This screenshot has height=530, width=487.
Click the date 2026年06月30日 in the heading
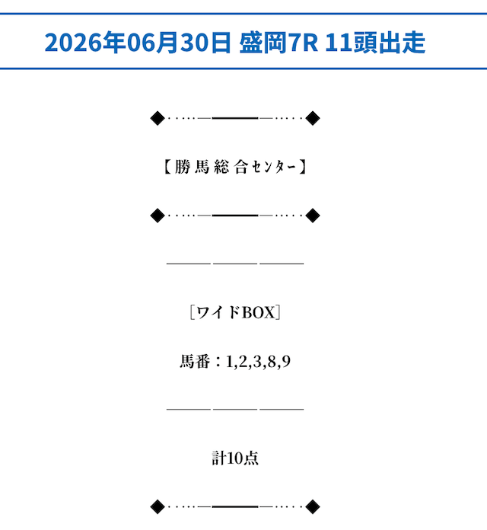(138, 42)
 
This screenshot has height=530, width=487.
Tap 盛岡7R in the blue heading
(279, 42)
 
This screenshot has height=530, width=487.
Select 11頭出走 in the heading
(375, 42)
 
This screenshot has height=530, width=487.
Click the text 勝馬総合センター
(235, 167)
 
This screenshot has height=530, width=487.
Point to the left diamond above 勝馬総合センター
(158, 118)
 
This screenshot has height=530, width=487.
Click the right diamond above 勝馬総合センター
(313, 118)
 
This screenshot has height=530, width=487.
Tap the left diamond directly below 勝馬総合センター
(158, 216)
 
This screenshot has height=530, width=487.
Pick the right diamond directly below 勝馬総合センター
(313, 216)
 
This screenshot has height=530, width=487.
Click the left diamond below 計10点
(158, 506)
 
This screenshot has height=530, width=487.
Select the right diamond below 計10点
(313, 506)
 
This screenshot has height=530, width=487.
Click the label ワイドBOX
(235, 312)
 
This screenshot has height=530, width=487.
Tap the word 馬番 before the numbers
(195, 361)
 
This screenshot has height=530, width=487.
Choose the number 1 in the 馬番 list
(229, 362)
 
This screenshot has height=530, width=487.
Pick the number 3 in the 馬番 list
(257, 362)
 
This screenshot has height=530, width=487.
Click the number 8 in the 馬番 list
(272, 362)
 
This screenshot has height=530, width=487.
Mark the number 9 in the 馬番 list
(286, 362)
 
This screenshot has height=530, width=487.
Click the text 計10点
(235, 458)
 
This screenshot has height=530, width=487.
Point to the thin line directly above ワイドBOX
(235, 263)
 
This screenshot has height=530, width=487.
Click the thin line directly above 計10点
(235, 410)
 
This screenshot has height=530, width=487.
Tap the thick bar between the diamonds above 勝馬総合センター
(235, 118)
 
